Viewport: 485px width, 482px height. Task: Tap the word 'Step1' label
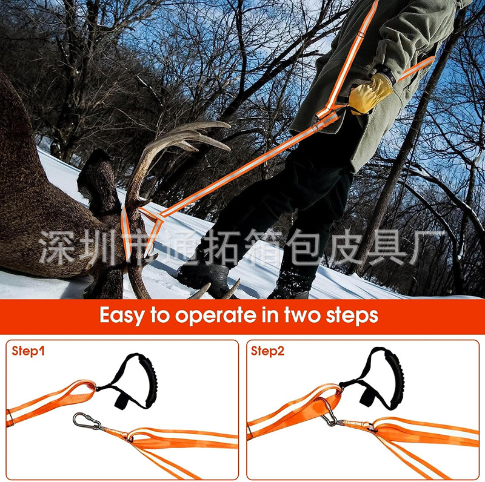coord(28,351)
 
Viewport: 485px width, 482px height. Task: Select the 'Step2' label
coord(267,351)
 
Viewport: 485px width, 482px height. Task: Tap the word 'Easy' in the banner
coord(122,315)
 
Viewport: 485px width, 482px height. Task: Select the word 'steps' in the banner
coord(352,315)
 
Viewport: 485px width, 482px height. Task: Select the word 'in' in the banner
coord(270,315)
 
